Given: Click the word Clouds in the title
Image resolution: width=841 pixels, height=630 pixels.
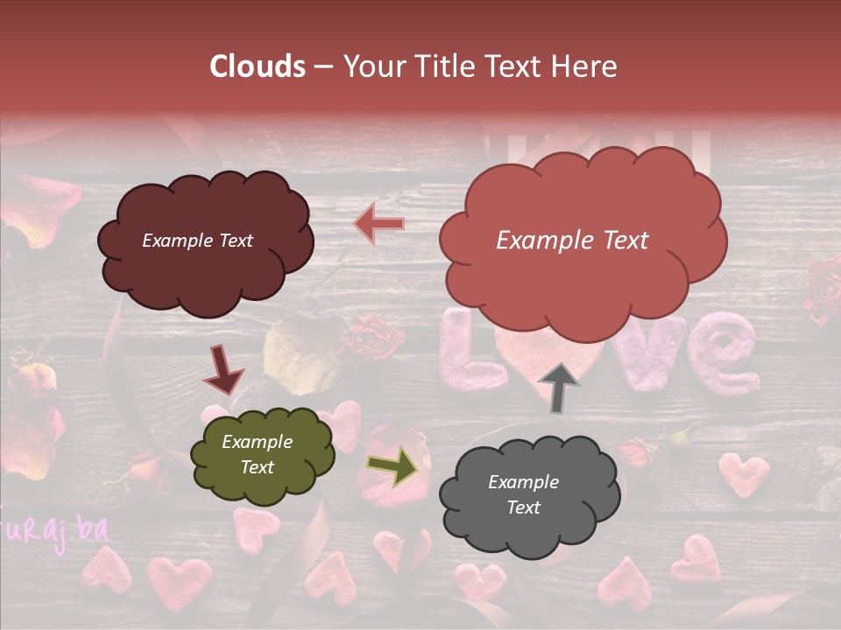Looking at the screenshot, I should point(258,66).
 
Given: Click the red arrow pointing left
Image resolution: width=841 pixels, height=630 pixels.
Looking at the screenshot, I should point(379,224).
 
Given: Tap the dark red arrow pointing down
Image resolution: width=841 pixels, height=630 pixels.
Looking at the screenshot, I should point(223,369).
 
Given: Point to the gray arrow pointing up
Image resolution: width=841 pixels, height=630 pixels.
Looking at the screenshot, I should point(558,388).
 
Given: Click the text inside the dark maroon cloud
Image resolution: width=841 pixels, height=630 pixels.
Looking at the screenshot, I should point(197,241).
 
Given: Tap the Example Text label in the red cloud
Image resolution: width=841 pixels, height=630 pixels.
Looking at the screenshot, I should point(572,241).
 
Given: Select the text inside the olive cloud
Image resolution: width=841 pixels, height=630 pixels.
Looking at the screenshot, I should point(257,454).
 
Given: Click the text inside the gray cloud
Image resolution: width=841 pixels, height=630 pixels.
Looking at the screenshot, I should point(523,494).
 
